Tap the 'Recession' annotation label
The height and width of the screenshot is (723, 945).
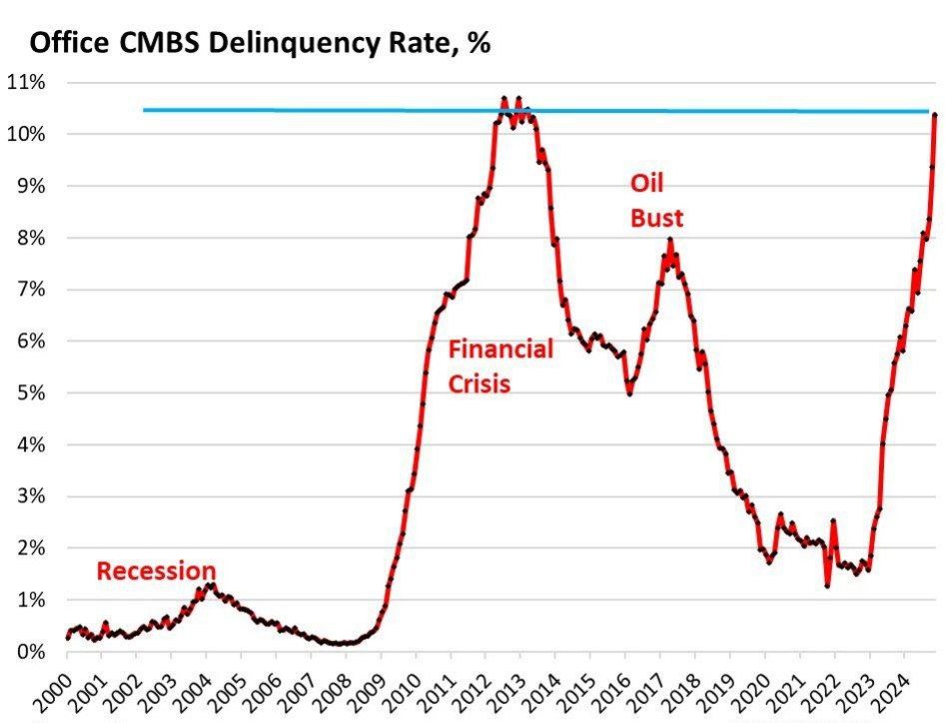coord(156,571)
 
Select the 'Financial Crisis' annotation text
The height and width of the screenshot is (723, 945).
coord(499,366)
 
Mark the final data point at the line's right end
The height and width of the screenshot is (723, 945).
coord(935,115)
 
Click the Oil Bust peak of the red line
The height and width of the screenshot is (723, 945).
coord(670,240)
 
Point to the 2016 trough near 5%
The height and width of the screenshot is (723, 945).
coord(629,393)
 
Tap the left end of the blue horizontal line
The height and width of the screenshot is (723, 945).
coord(145,110)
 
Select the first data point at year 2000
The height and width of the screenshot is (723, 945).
coord(67,636)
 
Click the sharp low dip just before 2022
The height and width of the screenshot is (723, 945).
coord(827,585)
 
